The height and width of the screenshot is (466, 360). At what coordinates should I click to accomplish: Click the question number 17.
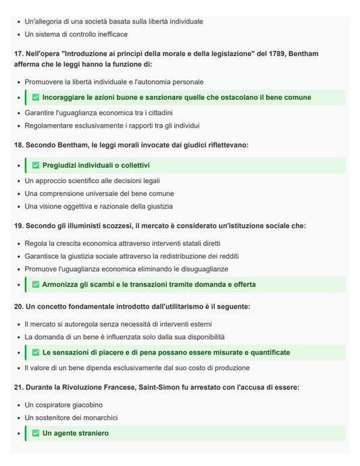[18, 54]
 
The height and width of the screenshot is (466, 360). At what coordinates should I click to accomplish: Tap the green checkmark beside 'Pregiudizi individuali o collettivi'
[36, 165]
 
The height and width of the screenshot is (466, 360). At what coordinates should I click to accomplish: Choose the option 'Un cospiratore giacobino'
[63, 405]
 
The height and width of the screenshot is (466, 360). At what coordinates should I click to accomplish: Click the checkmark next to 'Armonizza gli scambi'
[36, 285]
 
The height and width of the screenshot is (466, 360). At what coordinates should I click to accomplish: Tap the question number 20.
[18, 307]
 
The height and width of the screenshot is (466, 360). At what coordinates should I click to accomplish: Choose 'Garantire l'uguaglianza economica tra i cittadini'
[99, 113]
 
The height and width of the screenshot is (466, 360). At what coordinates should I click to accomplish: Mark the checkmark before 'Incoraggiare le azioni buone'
[36, 98]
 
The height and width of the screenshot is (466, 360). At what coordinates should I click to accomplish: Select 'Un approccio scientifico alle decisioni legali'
[93, 181]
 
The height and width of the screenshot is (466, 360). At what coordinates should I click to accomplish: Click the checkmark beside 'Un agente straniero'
[36, 434]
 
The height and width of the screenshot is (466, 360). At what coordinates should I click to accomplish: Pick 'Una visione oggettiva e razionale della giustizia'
[99, 207]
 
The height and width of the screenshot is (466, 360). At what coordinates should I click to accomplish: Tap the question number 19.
[18, 226]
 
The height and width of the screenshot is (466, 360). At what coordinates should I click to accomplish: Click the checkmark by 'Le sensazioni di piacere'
[36, 353]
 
